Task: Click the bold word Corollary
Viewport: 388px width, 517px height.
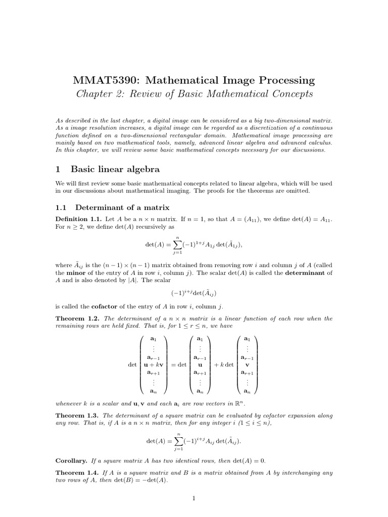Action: pyautogui.click(x=71, y=461)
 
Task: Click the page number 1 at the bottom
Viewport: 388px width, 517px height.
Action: pyautogui.click(x=194, y=499)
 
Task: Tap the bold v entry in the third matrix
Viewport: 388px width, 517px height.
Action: pyautogui.click(x=247, y=364)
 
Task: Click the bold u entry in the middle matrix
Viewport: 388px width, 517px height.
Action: pyautogui.click(x=200, y=364)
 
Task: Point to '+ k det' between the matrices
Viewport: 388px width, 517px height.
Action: pyautogui.click(x=223, y=364)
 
